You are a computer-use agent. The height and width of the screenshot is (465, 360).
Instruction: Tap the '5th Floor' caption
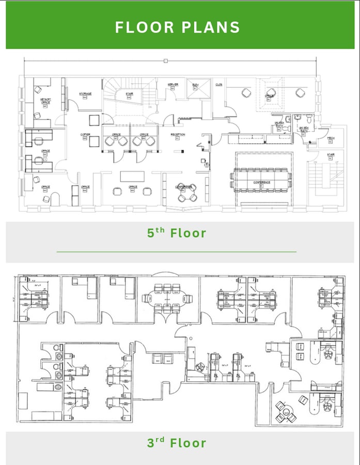tap(177, 233)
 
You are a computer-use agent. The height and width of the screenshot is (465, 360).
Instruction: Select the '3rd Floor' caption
tap(177, 443)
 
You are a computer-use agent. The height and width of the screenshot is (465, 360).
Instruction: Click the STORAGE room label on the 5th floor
tap(85, 94)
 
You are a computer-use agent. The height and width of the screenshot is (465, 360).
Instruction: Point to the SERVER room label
tap(173, 84)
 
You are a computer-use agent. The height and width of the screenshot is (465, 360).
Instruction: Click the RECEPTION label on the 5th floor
tap(178, 135)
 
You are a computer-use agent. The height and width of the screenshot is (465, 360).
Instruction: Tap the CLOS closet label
tap(219, 85)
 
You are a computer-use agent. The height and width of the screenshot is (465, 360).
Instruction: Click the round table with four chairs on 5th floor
tap(185, 192)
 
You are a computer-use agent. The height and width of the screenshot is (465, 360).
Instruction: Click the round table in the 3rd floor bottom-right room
tap(285, 410)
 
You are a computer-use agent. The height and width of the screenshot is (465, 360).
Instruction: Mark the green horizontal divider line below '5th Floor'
tap(177, 252)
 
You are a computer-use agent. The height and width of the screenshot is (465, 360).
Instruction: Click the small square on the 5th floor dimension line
tap(165, 60)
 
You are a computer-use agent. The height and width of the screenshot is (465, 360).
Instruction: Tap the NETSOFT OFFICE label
tap(45, 102)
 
